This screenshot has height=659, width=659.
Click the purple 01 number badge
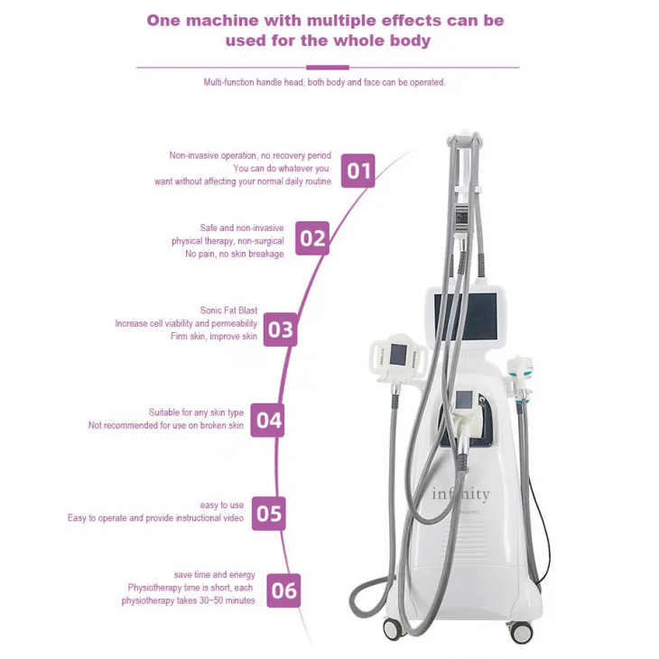pos(358,170)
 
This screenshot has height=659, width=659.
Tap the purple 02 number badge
pos(312,238)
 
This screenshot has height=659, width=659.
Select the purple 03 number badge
pos(281,329)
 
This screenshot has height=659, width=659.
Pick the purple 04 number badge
pos(267,420)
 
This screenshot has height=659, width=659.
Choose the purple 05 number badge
pos(268,513)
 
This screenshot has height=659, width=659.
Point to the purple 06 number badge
pos(283,590)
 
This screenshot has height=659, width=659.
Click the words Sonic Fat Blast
pos(228,311)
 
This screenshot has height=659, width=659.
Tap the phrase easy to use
pos(222,506)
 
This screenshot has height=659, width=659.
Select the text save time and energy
pos(215,575)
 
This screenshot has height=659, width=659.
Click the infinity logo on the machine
pos(460,495)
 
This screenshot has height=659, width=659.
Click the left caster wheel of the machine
pos(393,628)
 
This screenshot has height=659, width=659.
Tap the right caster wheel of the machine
pos(522,632)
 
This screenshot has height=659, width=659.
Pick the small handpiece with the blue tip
pos(521,371)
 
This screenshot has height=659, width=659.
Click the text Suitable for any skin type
pos(196,413)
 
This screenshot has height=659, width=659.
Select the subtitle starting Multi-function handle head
pos(324,82)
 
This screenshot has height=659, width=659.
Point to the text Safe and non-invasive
pos(242,228)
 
